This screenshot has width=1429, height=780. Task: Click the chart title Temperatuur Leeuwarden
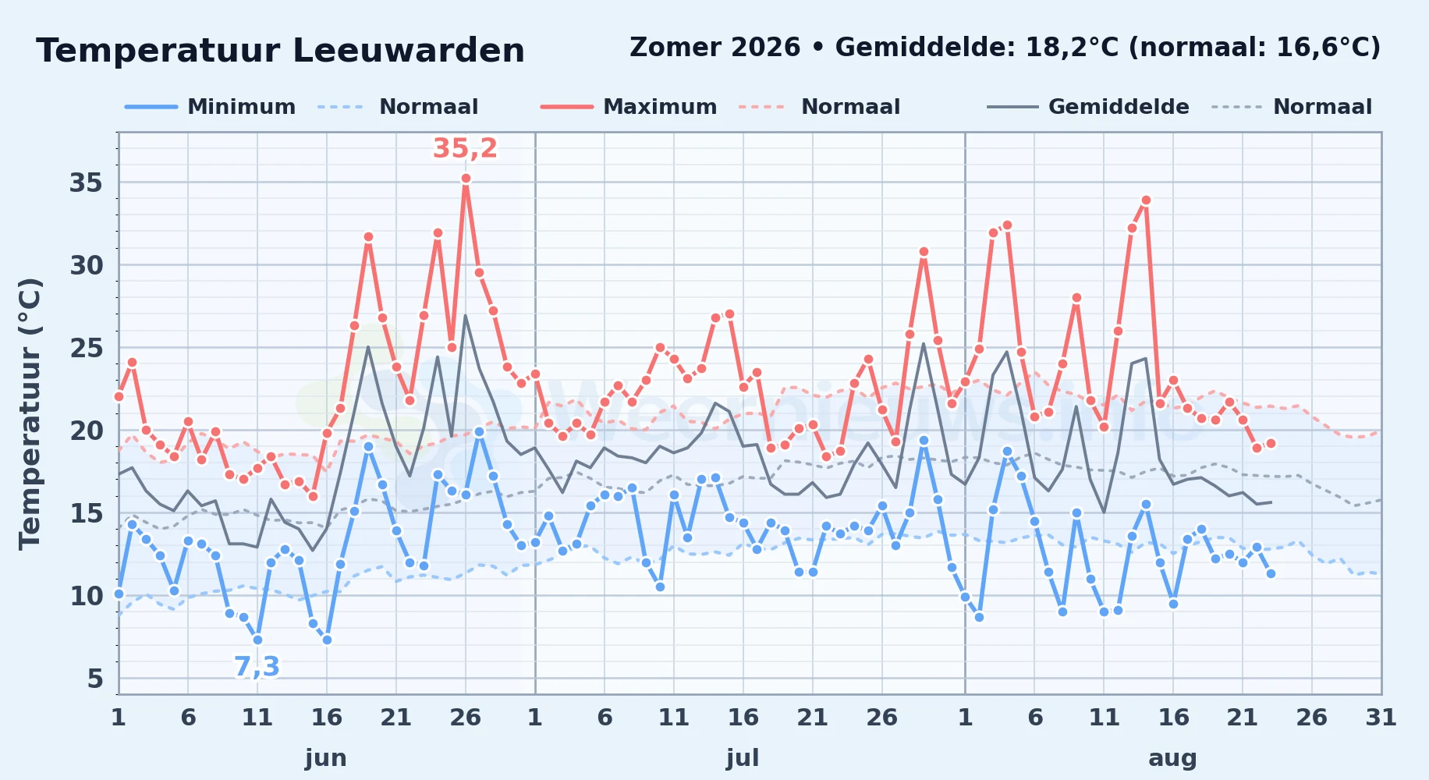click(281, 51)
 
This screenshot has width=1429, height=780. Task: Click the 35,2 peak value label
click(465, 148)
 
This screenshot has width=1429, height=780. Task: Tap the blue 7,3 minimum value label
click(257, 667)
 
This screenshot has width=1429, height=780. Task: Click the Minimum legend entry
click(211, 107)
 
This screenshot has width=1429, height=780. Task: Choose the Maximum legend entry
click(629, 107)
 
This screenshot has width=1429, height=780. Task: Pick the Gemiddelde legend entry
click(1088, 107)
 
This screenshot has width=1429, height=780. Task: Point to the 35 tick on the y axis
click(87, 183)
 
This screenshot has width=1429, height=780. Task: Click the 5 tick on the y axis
click(95, 679)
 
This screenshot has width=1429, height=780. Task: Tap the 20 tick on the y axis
click(87, 431)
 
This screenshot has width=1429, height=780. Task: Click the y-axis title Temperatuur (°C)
click(30, 413)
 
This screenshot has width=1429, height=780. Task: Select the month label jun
click(326, 758)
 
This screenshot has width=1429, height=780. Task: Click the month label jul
click(743, 758)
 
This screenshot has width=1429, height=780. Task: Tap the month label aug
click(1172, 758)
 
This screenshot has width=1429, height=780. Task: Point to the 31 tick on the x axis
click(1381, 718)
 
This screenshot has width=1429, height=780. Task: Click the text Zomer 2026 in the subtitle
click(715, 48)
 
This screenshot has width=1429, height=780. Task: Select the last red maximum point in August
click(1271, 443)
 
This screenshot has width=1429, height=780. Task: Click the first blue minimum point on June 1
click(119, 594)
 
